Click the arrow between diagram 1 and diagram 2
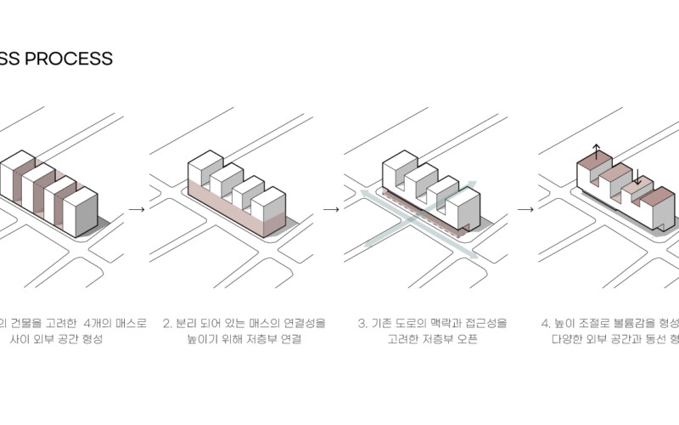pyautogui.click(x=136, y=207)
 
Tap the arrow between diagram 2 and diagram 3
pyautogui.click(x=332, y=208)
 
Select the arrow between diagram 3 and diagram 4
pyautogui.click(x=526, y=208)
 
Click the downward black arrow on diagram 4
pyautogui.click(x=635, y=177)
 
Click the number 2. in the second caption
pyautogui.click(x=167, y=324)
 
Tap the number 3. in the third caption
pyautogui.click(x=362, y=324)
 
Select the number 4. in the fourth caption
pyautogui.click(x=546, y=324)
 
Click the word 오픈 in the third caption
pyautogui.click(x=467, y=339)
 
